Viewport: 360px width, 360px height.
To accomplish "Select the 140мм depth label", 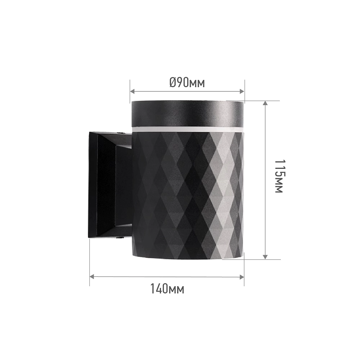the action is pyautogui.click(x=167, y=288).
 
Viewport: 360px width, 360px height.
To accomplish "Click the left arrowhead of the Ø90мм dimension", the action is pyautogui.click(x=132, y=91).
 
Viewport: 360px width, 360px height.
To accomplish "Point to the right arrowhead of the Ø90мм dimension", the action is pyautogui.click(x=242, y=91).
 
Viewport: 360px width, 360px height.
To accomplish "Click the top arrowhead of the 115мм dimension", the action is pyautogui.click(x=265, y=103).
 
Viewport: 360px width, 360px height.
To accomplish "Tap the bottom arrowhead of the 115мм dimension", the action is pyautogui.click(x=265, y=257).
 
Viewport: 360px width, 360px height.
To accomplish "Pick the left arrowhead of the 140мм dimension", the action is pyautogui.click(x=92, y=276).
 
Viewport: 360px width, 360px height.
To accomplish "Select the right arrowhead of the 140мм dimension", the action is pyautogui.click(x=242, y=276).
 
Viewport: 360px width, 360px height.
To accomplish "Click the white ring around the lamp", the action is pyautogui.click(x=187, y=129).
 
